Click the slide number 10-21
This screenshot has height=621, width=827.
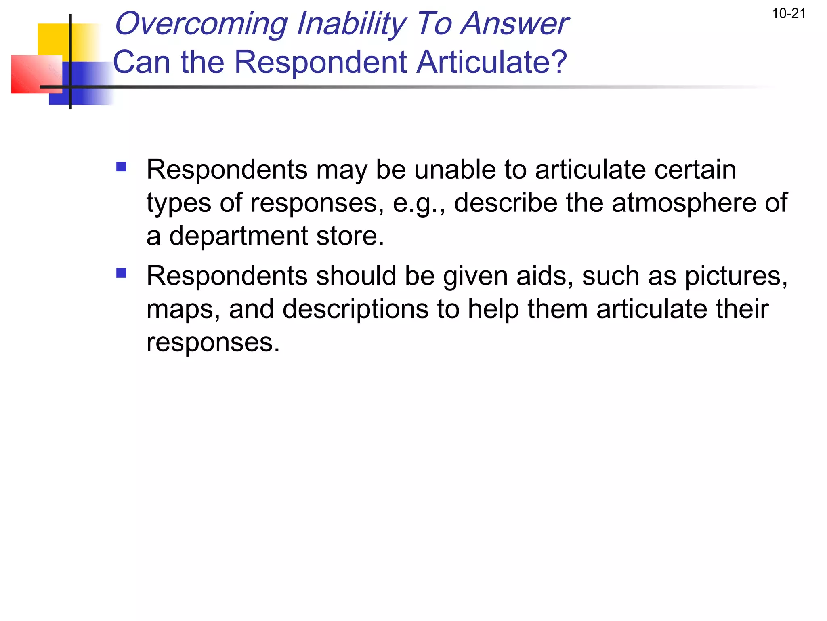click(789, 14)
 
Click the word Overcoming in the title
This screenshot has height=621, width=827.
click(201, 24)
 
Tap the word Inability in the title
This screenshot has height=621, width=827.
click(352, 24)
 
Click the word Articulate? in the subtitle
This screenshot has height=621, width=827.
click(492, 62)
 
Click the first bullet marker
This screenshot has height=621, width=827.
click(121, 167)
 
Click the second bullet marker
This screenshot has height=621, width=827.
click(121, 273)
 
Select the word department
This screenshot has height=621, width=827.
click(238, 236)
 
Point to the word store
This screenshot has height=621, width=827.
click(350, 236)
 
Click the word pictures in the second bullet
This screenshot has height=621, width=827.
click(736, 276)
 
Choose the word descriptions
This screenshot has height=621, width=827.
click(355, 310)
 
